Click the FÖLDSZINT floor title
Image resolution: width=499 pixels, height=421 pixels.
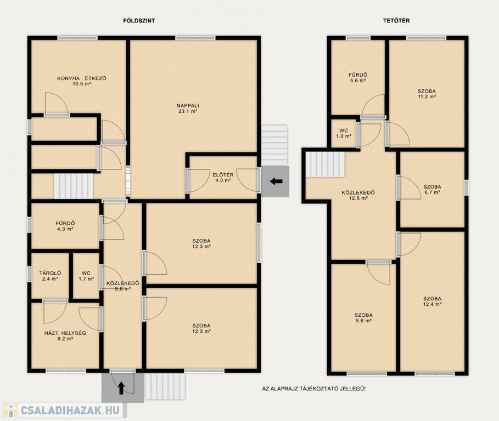139,21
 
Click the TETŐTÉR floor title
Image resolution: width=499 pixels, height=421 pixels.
396,21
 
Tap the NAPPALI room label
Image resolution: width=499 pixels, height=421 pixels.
188,105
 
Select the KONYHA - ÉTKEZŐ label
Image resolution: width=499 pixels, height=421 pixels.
81,78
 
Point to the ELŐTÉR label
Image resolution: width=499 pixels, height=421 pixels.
223,175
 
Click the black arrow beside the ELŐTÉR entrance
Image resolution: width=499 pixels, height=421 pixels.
276,181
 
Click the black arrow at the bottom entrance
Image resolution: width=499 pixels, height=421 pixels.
121,388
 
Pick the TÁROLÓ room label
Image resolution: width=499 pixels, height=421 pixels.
51,273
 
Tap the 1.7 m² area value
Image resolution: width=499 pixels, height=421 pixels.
86,279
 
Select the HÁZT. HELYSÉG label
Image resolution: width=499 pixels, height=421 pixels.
65,333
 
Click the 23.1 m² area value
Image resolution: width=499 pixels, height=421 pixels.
188,111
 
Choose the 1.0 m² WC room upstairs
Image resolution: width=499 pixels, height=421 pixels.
344,133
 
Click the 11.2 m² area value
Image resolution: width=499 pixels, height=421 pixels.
427,96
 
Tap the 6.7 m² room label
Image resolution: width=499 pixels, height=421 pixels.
432,189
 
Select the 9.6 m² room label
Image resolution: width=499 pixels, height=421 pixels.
363,318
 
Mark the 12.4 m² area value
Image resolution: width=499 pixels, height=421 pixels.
432,304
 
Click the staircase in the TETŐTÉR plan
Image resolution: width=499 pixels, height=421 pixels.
325,164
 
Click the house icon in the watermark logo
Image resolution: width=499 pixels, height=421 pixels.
10,410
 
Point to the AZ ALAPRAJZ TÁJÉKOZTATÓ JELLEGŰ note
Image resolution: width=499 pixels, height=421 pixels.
313,389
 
